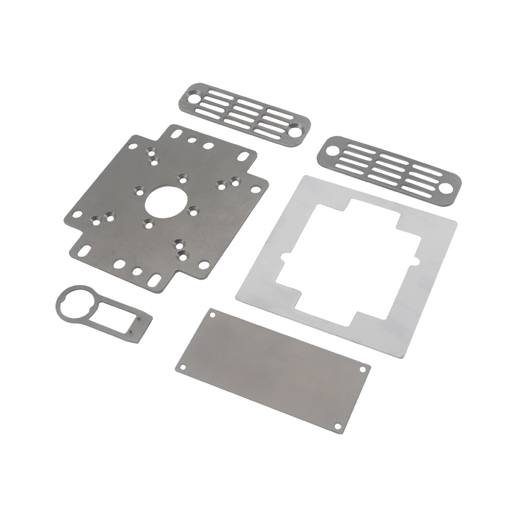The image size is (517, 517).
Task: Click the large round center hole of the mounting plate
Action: [x=164, y=200]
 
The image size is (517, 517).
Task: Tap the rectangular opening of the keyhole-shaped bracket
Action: [x=114, y=315]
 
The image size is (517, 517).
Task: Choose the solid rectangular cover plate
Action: [x=271, y=368]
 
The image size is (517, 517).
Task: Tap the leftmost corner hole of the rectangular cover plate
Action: [x=182, y=367]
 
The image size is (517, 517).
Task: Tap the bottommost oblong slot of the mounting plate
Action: [x=155, y=279]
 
